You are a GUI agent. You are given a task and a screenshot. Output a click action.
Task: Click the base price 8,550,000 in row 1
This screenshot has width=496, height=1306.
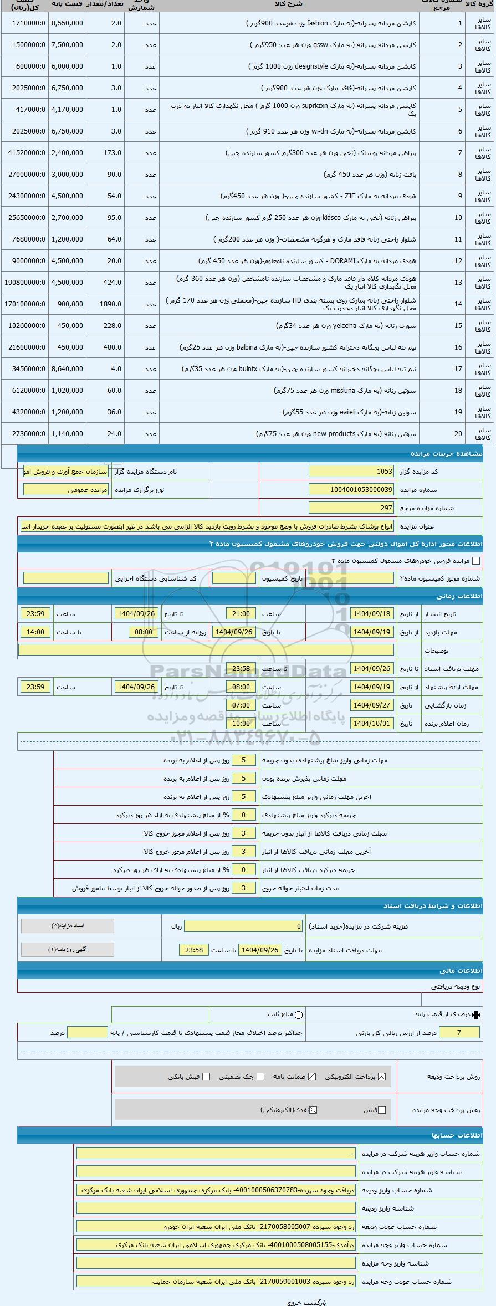67,23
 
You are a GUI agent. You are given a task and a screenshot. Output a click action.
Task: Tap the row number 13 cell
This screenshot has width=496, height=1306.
458,283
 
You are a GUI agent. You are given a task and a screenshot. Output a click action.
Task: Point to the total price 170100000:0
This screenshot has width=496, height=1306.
25,304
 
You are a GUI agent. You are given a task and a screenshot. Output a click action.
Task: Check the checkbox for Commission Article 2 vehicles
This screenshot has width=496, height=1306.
475,561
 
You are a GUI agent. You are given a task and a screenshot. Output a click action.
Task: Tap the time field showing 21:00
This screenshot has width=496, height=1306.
241,614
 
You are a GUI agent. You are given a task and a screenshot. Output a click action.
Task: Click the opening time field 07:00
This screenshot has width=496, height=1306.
241,705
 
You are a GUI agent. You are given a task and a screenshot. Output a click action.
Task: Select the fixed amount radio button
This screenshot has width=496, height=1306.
299,1015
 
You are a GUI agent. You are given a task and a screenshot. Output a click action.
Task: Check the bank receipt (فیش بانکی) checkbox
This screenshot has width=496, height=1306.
206,1077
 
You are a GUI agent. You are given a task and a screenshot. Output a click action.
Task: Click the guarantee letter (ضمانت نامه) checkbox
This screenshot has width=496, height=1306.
312,1077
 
